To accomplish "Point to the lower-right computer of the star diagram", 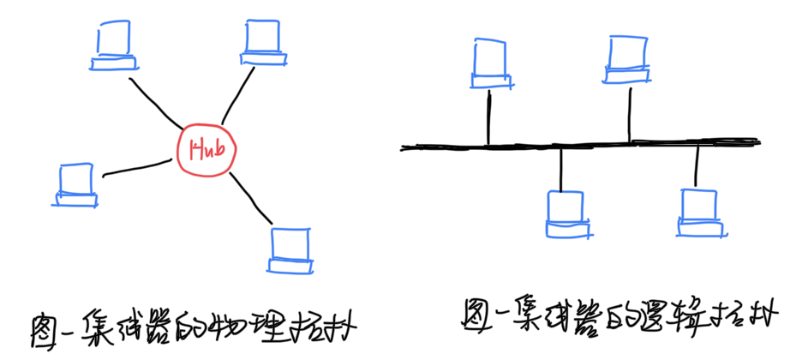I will click(290, 249).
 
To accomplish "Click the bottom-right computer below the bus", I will click(699, 209).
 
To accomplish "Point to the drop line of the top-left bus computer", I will click(488, 117).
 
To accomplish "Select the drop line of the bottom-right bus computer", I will click(697, 165).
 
